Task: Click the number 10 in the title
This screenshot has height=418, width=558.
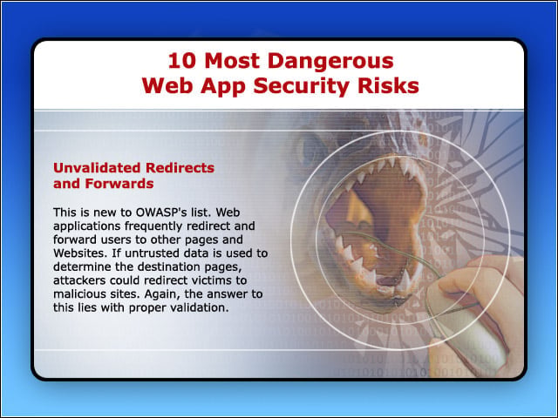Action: point(182,60)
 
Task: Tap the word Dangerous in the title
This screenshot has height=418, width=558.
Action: point(330,61)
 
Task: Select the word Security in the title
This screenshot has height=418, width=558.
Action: point(303,86)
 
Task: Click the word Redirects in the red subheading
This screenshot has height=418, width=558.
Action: point(180,168)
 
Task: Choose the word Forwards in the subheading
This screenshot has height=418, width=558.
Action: point(119,184)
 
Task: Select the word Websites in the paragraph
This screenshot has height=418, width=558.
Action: point(79,253)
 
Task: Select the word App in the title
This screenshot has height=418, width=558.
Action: point(223,87)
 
